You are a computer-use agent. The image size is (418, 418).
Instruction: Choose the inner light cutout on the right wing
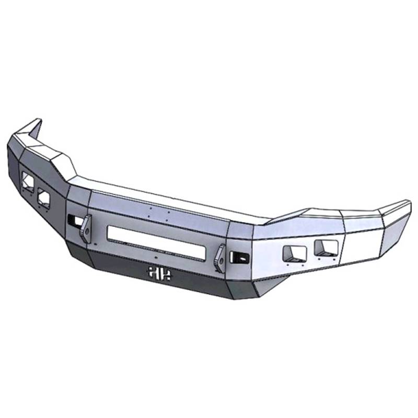pos(294,254)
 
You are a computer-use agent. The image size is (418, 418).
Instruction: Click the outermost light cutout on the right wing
pos(326,248)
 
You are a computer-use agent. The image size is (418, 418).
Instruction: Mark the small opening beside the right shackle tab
pos(240,257)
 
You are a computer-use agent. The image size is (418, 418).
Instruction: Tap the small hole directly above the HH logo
pos(156,258)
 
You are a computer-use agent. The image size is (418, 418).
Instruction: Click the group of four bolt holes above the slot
pos(158,213)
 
